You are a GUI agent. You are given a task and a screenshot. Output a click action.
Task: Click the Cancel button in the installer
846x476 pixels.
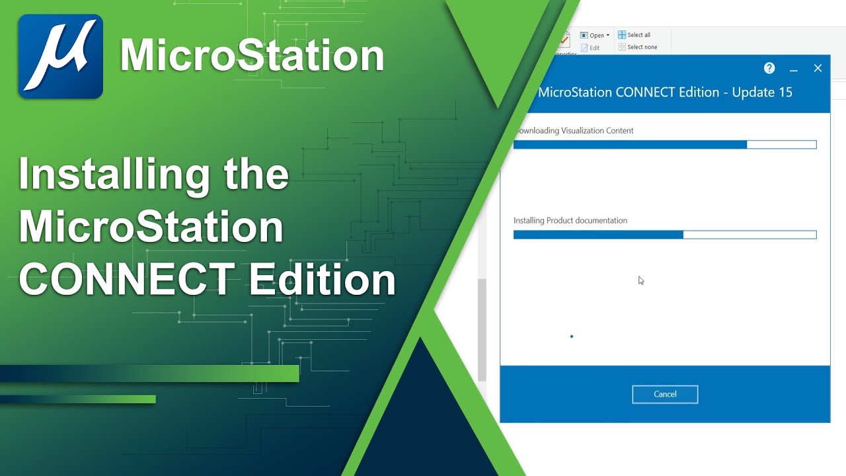coord(665,394)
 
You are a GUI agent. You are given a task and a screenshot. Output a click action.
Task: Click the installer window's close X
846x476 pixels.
coord(818,68)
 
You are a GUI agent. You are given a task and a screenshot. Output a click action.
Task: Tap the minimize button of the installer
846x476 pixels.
coord(794,69)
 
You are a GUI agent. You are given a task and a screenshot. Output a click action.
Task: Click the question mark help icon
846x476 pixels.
coord(769,68)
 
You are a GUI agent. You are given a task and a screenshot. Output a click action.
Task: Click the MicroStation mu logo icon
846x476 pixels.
coord(60,56)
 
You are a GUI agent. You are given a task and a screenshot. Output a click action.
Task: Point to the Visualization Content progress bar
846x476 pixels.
coord(665,144)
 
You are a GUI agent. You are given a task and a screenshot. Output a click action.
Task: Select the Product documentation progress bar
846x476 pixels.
coord(665,235)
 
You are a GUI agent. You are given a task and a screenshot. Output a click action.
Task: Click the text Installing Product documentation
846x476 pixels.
coord(570,221)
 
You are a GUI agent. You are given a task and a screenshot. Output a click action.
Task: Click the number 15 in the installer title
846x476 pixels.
coord(785,93)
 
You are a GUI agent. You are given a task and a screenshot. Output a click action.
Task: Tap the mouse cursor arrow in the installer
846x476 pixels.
coord(640,280)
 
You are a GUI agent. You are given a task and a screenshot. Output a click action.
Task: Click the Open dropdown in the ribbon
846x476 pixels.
coord(595,36)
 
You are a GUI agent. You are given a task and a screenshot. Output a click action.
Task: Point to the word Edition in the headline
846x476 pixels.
coord(322,279)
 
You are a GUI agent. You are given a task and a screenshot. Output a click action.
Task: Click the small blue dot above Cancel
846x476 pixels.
coord(572,337)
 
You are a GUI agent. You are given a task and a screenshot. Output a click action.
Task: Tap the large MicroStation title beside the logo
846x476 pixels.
coord(252,56)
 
